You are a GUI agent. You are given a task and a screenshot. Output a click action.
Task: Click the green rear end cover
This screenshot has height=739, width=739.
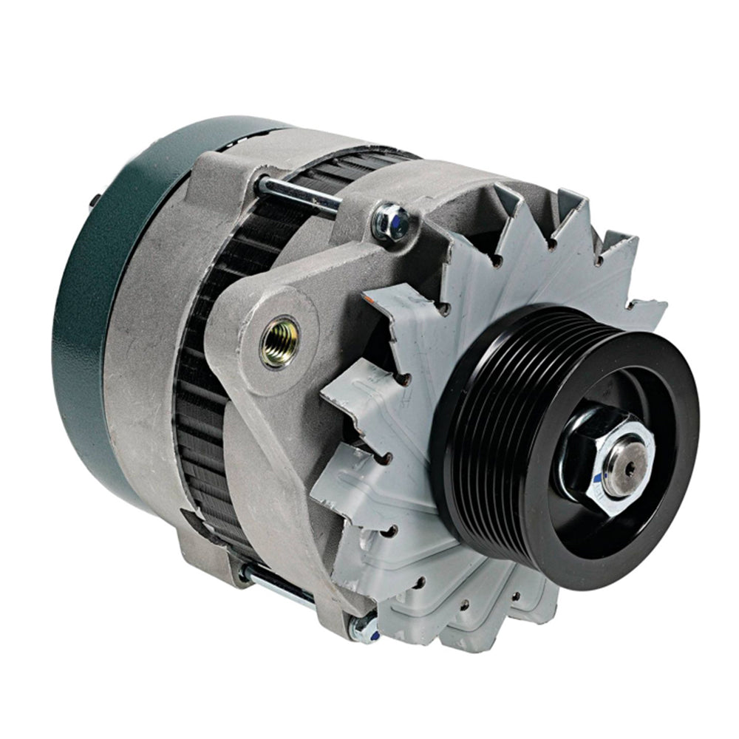tap(81, 296)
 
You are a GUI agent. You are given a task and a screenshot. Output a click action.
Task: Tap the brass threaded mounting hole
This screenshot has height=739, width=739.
tap(281, 341)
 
